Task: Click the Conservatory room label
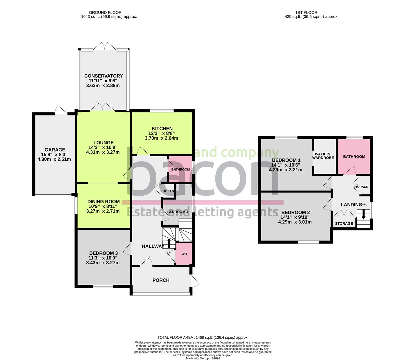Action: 103,76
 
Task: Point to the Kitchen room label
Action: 162,129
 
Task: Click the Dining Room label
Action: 103,202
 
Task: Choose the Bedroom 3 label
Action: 103,253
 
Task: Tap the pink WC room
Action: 184,254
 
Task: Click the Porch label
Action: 161,280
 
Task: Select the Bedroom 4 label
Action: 178,212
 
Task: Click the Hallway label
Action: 153,246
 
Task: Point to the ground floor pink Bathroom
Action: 180,170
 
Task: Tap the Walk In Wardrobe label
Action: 323,156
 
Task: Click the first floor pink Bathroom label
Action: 354,157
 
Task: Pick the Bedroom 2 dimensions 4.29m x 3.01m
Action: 295,222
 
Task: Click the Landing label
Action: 351,205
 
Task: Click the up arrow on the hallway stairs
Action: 168,243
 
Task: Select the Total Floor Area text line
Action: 203,338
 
